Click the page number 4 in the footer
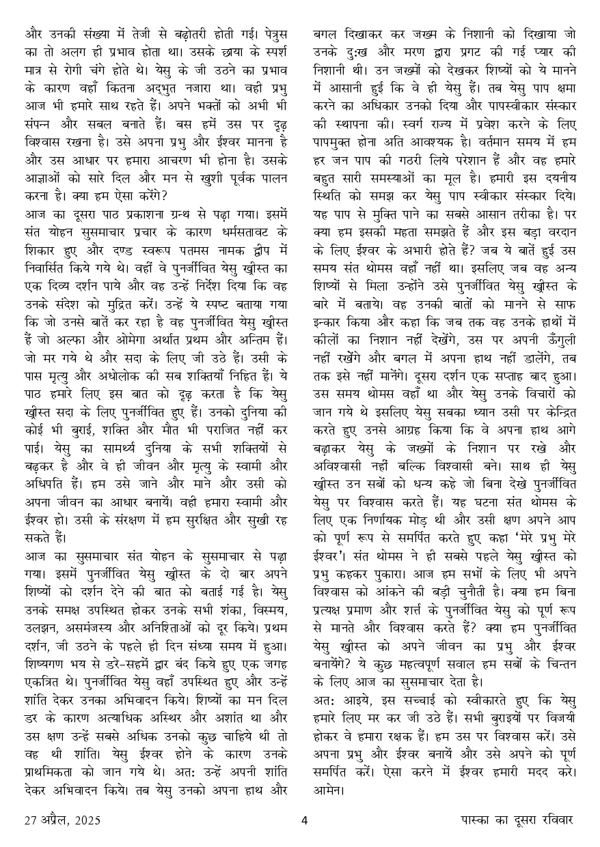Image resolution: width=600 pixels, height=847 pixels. click(305, 820)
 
